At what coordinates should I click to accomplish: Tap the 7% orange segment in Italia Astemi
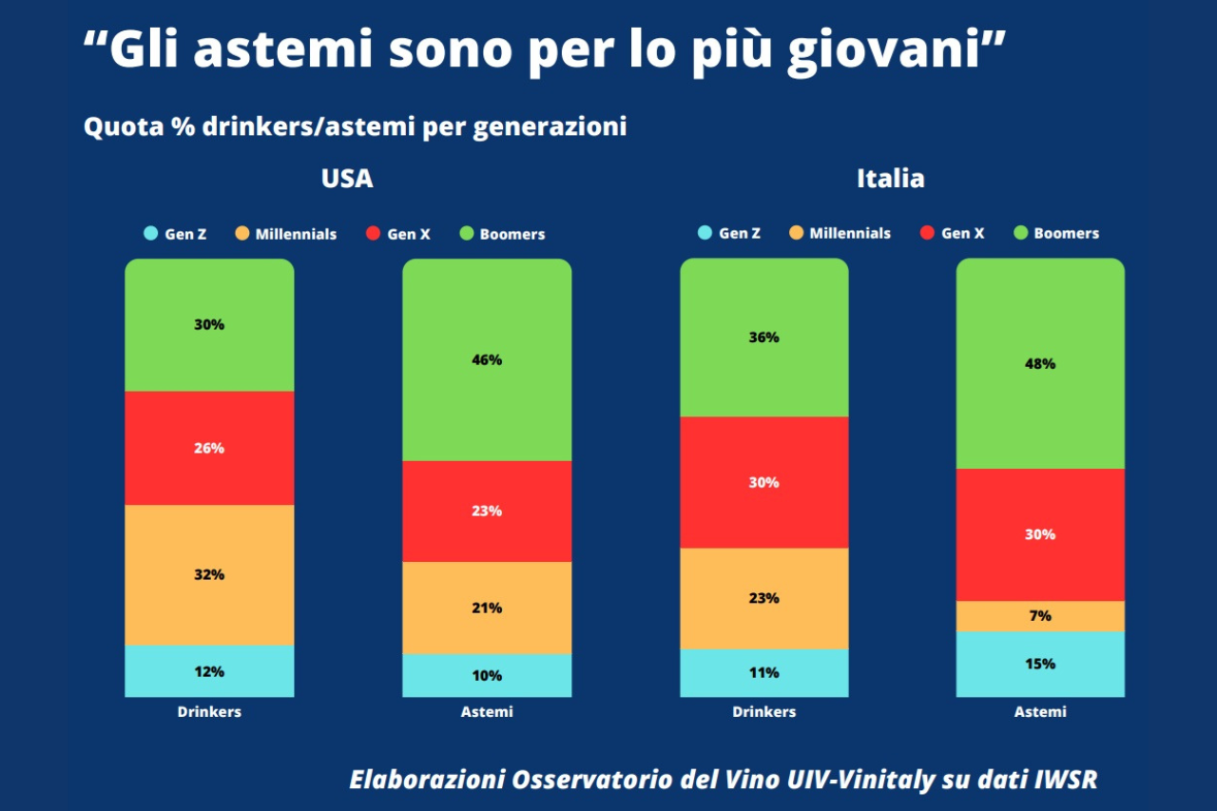(x=1040, y=616)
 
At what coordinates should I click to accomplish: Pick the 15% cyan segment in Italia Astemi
(x=1040, y=664)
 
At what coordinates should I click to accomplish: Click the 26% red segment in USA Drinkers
(x=209, y=448)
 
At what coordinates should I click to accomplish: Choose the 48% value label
(x=1040, y=363)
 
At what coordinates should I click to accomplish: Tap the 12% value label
(x=209, y=671)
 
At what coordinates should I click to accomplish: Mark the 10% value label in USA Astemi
(x=487, y=676)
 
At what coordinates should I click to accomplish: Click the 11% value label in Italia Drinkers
(x=763, y=672)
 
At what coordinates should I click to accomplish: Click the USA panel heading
(x=347, y=179)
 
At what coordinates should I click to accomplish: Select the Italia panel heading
(x=890, y=179)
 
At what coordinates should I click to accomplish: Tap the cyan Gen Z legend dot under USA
(x=150, y=234)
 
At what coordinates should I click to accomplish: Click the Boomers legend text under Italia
(x=1066, y=233)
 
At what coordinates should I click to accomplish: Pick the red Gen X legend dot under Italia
(x=926, y=233)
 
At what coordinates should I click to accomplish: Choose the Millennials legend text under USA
(x=296, y=234)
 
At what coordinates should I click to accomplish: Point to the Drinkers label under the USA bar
(x=209, y=711)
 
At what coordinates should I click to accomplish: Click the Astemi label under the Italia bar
(x=1040, y=711)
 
